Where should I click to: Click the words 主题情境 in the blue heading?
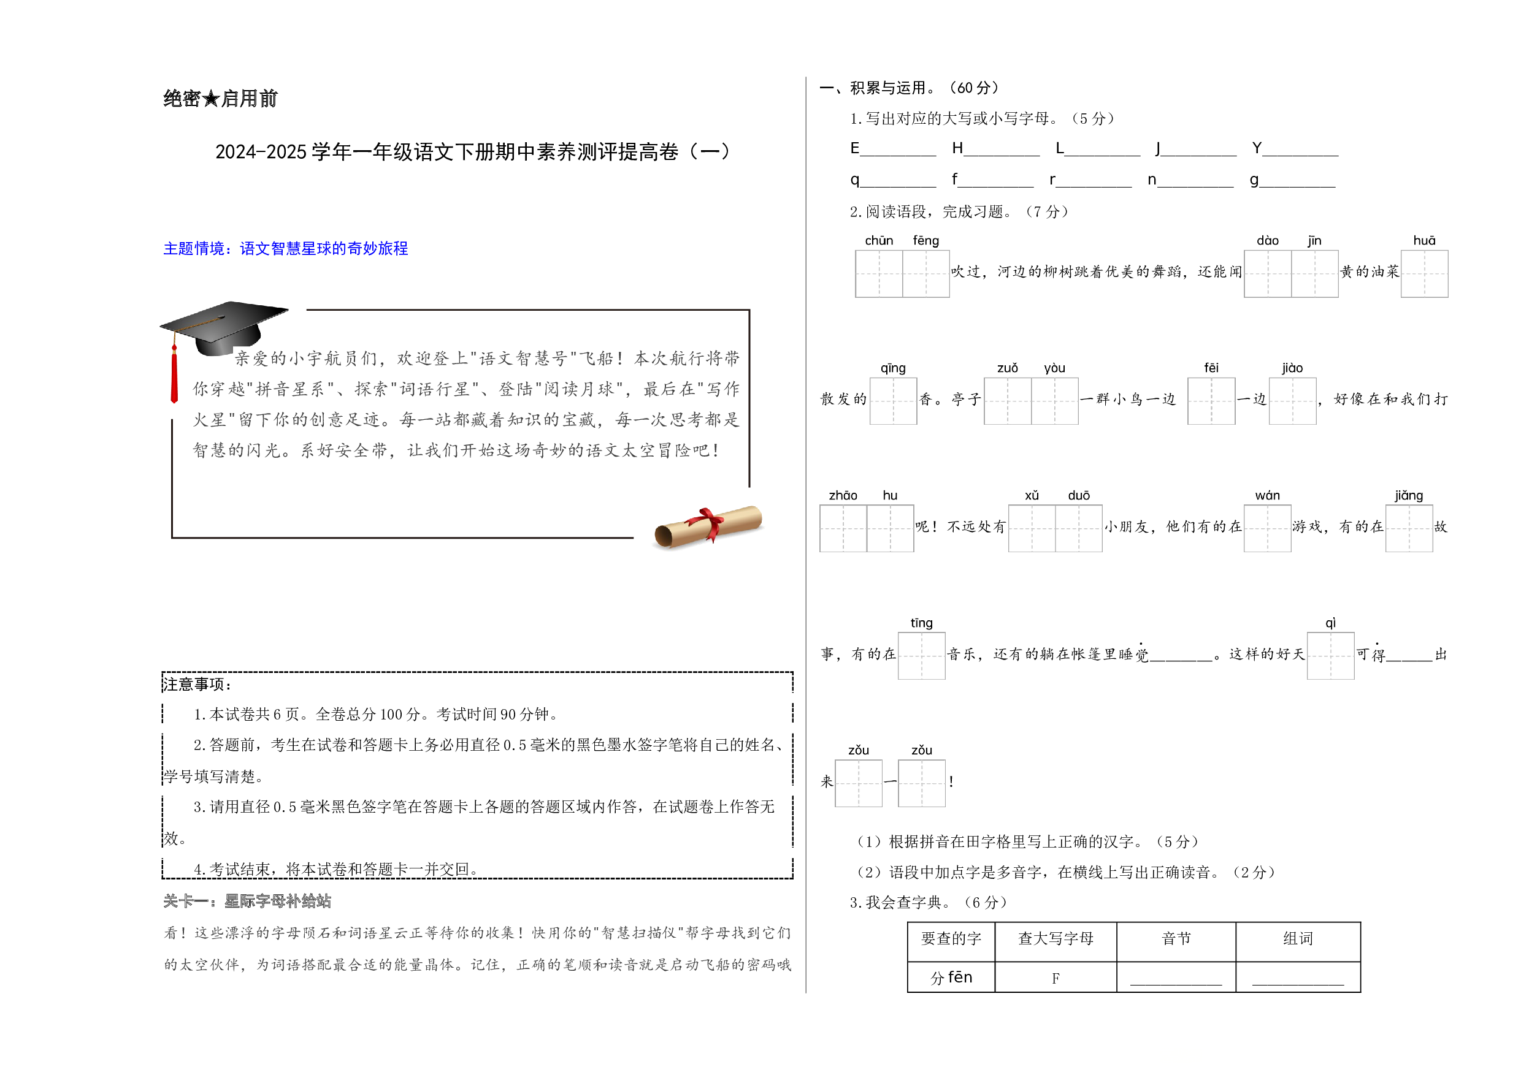click(193, 249)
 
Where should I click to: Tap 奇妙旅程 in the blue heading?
click(378, 249)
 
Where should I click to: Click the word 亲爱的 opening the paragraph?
click(260, 358)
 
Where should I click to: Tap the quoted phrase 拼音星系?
click(291, 389)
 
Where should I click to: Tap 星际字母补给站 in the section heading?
click(278, 901)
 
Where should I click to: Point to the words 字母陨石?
click(286, 933)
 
